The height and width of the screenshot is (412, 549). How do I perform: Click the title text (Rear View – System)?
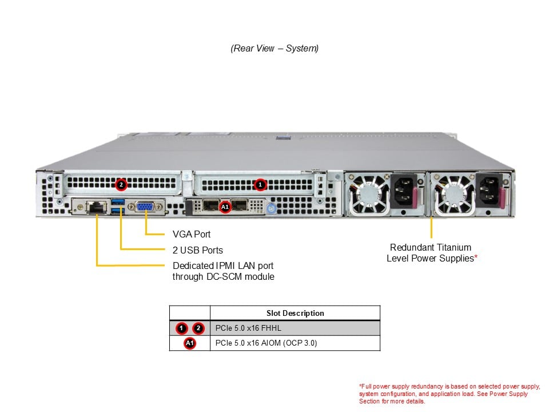click(x=274, y=49)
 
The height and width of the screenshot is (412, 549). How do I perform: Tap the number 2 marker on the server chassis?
click(x=121, y=184)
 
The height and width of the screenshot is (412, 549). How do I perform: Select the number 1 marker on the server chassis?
click(x=260, y=184)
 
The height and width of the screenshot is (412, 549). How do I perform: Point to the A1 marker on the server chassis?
click(x=225, y=207)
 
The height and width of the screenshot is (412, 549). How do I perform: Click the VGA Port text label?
click(x=192, y=234)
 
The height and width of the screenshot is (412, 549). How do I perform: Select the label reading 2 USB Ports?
click(x=198, y=250)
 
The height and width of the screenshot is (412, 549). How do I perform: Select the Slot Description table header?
click(x=295, y=313)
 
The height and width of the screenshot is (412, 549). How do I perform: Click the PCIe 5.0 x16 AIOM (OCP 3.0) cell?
click(x=266, y=343)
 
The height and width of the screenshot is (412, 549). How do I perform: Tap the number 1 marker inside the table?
click(x=182, y=328)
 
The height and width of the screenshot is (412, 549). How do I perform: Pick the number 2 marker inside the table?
click(x=198, y=328)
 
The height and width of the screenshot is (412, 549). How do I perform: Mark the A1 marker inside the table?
click(x=190, y=343)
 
